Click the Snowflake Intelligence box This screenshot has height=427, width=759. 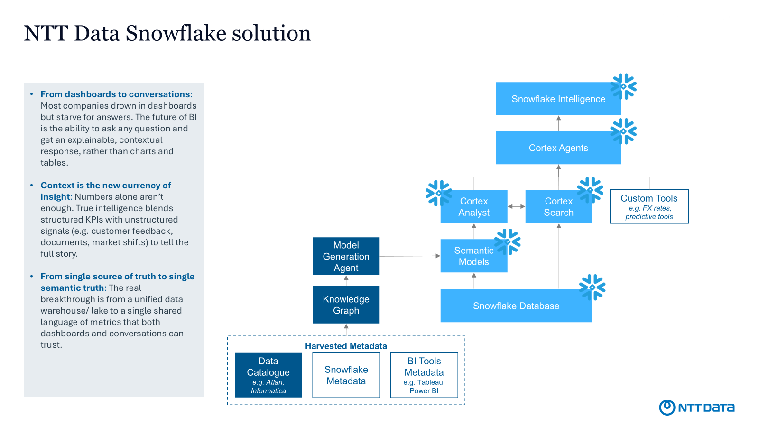(x=558, y=99)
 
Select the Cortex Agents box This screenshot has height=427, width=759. (x=558, y=148)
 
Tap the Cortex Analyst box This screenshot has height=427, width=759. (x=473, y=207)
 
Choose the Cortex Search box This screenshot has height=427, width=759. (x=558, y=207)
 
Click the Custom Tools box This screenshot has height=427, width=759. (x=649, y=206)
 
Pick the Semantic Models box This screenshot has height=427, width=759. (x=473, y=256)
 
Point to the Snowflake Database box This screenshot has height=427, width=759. (x=516, y=306)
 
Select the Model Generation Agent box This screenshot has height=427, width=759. (x=346, y=256)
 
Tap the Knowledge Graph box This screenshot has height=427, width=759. (x=346, y=305)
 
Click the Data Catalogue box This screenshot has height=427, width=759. (x=268, y=375)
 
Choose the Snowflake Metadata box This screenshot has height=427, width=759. (x=346, y=375)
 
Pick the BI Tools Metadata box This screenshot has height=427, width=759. (x=424, y=375)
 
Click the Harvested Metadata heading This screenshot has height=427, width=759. (x=346, y=346)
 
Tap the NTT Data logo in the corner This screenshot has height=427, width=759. (x=696, y=408)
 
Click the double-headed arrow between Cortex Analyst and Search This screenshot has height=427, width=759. (x=516, y=206)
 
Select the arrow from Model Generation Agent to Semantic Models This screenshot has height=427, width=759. (x=410, y=256)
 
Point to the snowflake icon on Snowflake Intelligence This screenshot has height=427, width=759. (x=623, y=86)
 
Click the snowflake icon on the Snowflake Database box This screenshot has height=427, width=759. (x=592, y=288)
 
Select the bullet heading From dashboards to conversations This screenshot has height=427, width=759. (x=115, y=94)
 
